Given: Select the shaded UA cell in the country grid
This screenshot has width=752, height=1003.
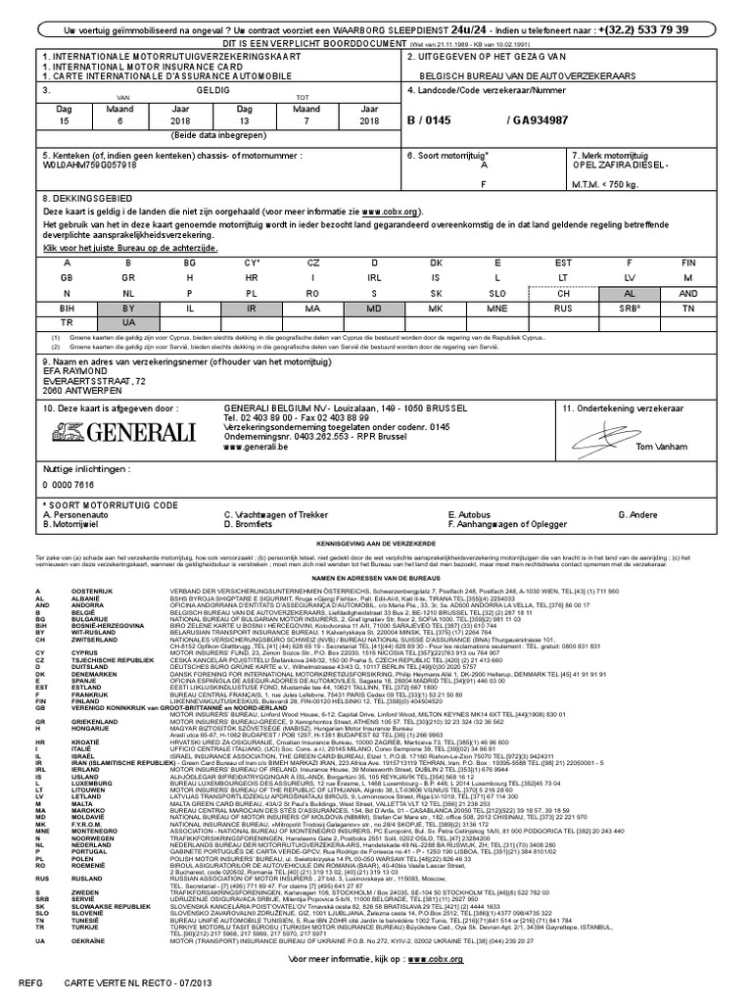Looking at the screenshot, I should pos(127,321).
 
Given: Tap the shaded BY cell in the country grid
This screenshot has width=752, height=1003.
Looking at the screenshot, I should pos(127,307).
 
